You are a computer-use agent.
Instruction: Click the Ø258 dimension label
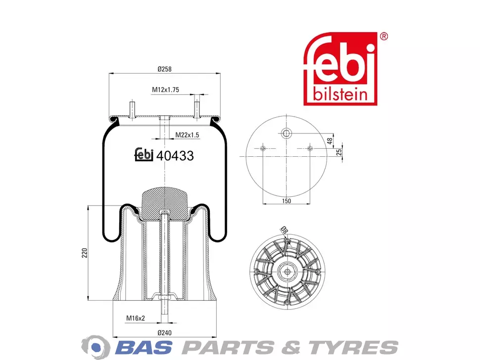(x=165, y=69)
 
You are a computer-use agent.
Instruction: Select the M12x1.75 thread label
(x=165, y=90)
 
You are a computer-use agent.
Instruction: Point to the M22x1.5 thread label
(x=187, y=135)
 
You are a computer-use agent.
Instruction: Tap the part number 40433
(x=175, y=156)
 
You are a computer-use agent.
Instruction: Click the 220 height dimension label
(x=85, y=253)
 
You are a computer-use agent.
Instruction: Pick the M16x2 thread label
(x=136, y=318)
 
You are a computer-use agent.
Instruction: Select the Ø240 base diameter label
(x=165, y=333)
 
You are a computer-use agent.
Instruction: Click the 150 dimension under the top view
(x=286, y=201)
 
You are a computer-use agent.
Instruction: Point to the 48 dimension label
(x=330, y=141)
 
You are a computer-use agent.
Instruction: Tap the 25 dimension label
(x=339, y=152)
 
